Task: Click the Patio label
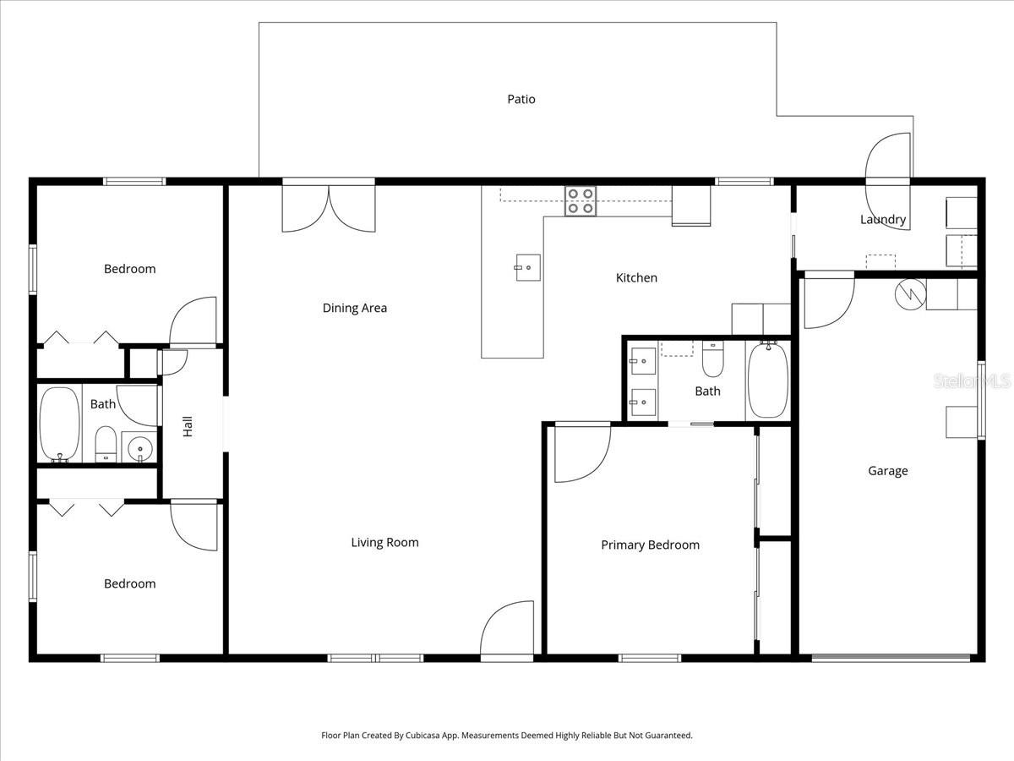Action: click(521, 99)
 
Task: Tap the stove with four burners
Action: click(581, 201)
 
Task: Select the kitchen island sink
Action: click(527, 267)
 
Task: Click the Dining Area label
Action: click(354, 308)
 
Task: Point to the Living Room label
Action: click(384, 542)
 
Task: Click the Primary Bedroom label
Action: click(650, 545)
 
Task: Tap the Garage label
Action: click(887, 471)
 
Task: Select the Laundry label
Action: click(883, 220)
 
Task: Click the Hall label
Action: click(188, 425)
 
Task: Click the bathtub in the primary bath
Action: click(767, 380)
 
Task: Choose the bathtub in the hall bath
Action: click(59, 424)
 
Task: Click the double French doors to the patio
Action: click(329, 207)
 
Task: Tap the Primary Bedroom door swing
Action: click(581, 452)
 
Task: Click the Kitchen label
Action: click(635, 277)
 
